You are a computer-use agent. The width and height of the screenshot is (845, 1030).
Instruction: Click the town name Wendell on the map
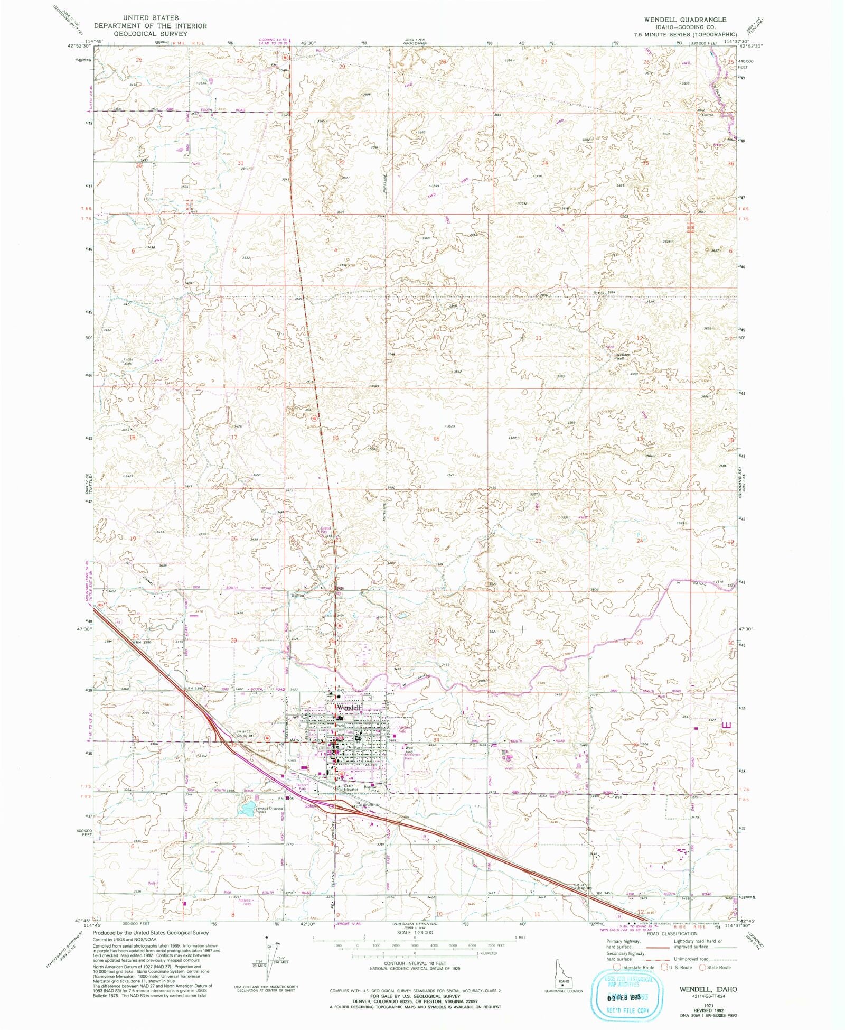[348, 707]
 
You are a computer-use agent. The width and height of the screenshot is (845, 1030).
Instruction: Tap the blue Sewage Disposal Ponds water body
[246, 809]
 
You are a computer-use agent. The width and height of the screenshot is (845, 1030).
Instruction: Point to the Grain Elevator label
[351, 787]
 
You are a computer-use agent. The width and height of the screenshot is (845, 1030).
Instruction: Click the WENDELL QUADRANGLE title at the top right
[684, 20]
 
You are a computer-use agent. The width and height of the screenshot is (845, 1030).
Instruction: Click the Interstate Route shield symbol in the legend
[616, 967]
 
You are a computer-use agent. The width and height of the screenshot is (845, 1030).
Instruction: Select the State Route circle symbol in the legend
[702, 967]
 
